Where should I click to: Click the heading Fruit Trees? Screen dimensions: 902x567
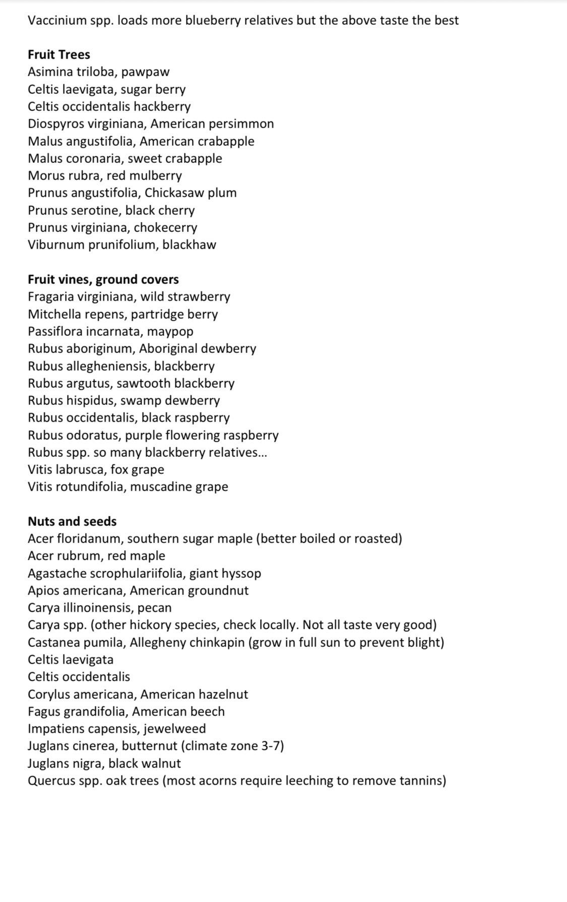click(x=59, y=54)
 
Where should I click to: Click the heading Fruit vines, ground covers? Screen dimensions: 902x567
click(x=103, y=279)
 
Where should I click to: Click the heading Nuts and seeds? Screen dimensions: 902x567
click(x=72, y=521)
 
